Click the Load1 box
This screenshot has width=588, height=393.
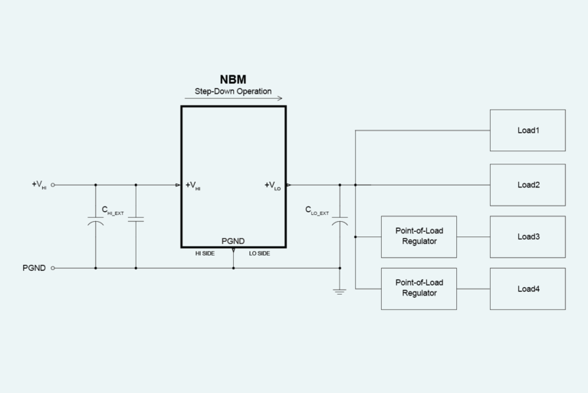click(x=527, y=130)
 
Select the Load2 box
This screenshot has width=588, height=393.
click(x=527, y=185)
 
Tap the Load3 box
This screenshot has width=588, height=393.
click(x=527, y=236)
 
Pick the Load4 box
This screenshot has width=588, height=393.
click(x=527, y=289)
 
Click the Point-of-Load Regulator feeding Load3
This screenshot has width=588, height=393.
click(x=419, y=236)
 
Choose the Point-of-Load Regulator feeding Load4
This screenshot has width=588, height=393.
click(x=419, y=289)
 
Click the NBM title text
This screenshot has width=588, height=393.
click(x=233, y=79)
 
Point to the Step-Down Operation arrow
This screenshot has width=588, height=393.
click(x=233, y=98)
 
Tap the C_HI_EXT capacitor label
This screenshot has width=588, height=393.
click(x=113, y=210)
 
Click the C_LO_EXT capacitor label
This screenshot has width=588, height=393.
click(x=317, y=210)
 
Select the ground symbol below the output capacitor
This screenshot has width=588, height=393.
click(x=340, y=292)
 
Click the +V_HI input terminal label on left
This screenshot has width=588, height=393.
click(x=39, y=185)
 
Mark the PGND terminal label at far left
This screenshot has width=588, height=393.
click(x=34, y=268)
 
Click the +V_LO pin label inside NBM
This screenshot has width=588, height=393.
click(x=272, y=185)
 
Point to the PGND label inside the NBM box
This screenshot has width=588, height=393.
click(x=233, y=240)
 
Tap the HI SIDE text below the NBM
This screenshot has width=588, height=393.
click(x=204, y=253)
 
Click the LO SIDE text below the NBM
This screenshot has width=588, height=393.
click(x=259, y=253)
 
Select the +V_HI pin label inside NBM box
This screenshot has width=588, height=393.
click(x=193, y=185)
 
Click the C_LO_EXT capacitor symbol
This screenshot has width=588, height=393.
click(x=340, y=222)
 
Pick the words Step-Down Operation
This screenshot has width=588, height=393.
click(x=233, y=91)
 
